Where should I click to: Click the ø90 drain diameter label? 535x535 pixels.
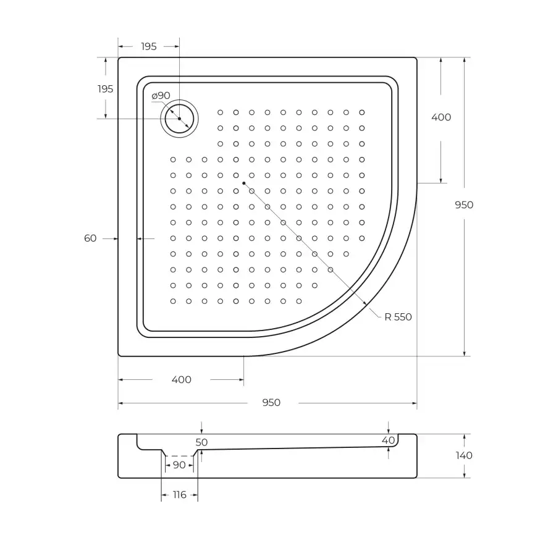161,96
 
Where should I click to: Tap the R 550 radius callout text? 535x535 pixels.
397,317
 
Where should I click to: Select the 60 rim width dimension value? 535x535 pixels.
90,238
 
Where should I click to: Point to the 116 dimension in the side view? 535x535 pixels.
179,495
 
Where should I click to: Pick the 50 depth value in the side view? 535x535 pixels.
202,442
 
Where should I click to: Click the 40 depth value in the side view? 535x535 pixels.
388,440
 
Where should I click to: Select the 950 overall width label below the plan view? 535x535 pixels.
271,403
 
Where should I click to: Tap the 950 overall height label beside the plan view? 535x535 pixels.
463,205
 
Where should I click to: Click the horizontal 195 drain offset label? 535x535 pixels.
148,46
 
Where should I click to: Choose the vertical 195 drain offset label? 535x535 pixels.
105,89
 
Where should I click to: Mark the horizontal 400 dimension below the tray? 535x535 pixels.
181,379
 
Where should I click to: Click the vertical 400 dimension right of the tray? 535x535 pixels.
440,117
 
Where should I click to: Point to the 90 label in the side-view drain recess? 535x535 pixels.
179,465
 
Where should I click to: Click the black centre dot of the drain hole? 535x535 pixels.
179,119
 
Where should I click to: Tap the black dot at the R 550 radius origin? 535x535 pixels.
245,183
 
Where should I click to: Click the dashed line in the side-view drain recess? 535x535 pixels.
179,455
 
